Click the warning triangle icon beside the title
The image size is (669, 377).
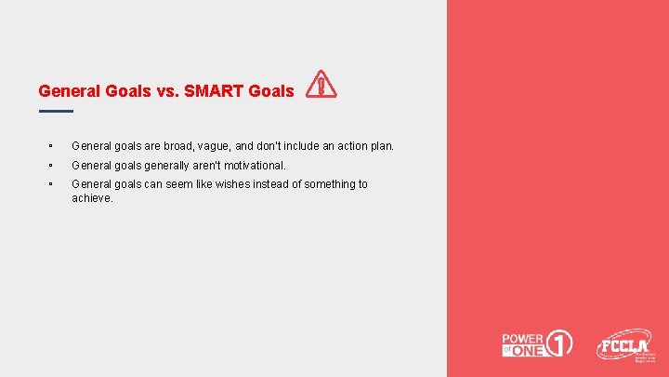pyautogui.click(x=321, y=85)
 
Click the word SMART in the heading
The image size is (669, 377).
pyautogui.click(x=215, y=91)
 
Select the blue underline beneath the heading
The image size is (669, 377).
pyautogui.click(x=56, y=111)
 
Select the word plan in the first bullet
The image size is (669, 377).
pyautogui.click(x=381, y=146)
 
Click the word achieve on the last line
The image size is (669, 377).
pyautogui.click(x=91, y=197)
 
